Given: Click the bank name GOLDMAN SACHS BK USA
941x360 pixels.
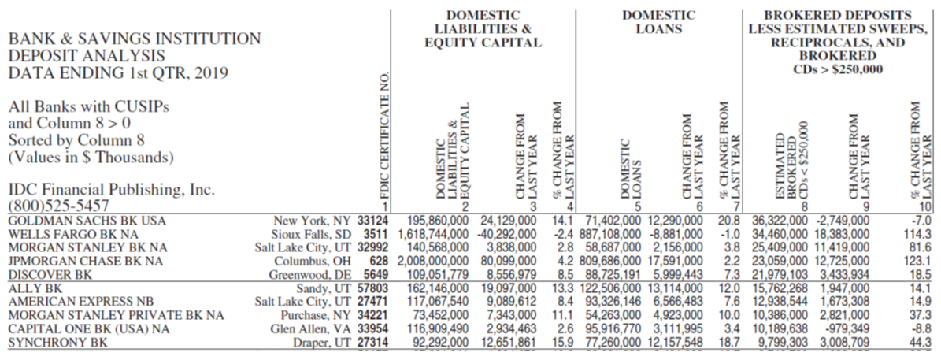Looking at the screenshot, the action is coord(87,221).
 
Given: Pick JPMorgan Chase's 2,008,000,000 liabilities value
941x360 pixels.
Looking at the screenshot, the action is coord(432,261).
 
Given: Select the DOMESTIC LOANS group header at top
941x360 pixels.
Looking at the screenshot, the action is coord(658,22).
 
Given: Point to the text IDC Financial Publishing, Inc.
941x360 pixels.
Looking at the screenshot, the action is coord(112,190).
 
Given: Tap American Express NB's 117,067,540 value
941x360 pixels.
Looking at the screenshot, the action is coord(439,302).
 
